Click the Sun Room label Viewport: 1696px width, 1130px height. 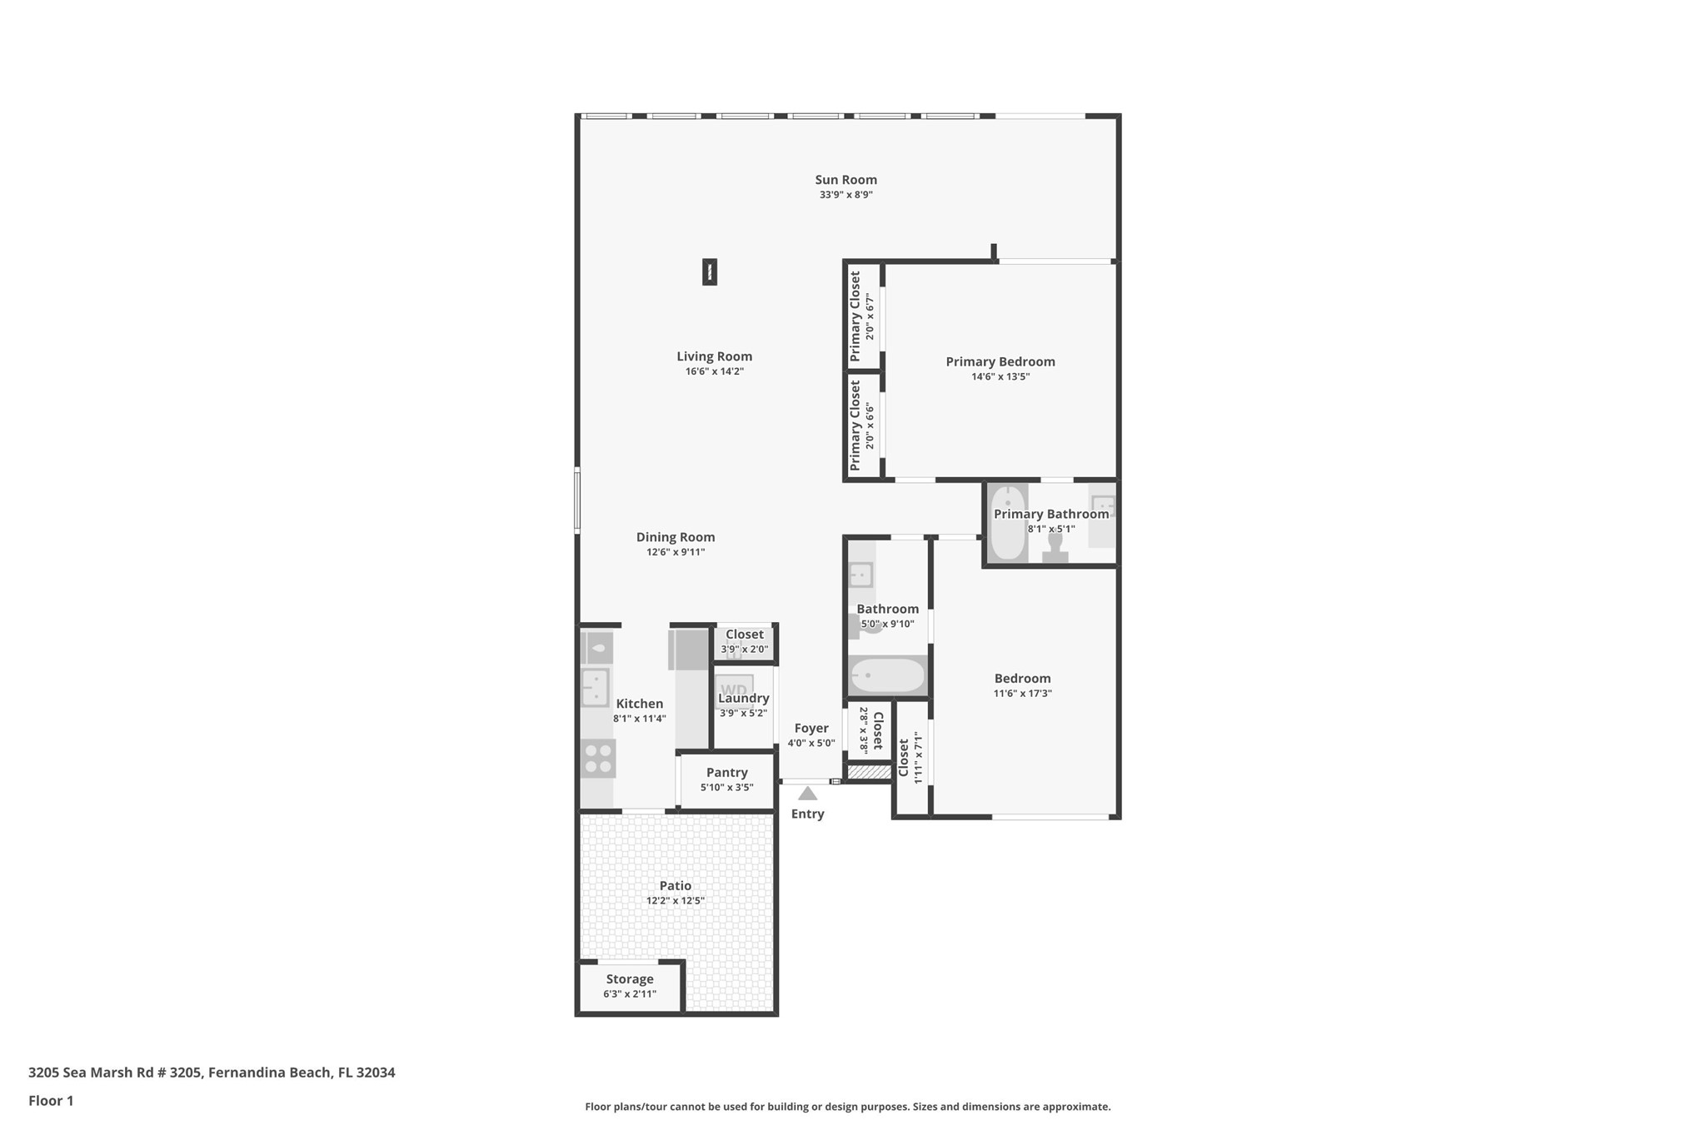coord(846,180)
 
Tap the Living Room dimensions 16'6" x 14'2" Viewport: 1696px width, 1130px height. coord(714,371)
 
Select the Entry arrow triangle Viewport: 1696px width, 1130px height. coord(807,794)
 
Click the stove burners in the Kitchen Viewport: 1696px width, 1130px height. coord(598,759)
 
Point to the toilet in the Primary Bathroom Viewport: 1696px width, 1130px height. coord(1055,548)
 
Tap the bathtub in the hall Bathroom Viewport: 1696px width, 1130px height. coord(888,675)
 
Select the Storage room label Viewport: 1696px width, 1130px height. coord(630,979)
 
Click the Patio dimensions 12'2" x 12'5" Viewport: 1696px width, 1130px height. coord(676,900)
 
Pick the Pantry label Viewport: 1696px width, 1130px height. coord(726,773)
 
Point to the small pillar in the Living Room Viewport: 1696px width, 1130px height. coord(710,271)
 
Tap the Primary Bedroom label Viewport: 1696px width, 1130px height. coord(1000,361)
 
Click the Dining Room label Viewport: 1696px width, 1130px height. coord(676,537)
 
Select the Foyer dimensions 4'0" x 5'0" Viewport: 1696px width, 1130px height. coord(811,743)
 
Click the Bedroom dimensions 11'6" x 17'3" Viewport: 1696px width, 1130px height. coord(1022,693)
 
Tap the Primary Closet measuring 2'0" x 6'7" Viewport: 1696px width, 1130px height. coord(862,316)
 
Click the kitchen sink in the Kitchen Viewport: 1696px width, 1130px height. coord(596,688)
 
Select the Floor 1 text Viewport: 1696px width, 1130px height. coord(51,1100)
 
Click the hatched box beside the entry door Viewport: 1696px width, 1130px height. coord(870,773)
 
